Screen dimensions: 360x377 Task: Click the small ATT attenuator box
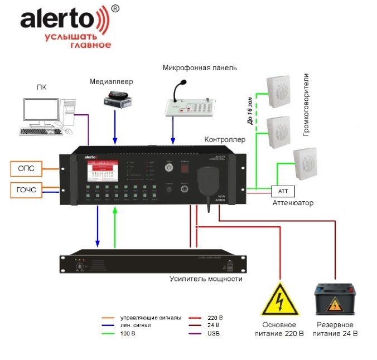[x=281, y=191]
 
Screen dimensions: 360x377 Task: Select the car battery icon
[x=334, y=299]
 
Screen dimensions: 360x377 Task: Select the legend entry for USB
[x=213, y=334]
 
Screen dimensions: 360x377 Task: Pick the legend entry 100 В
[x=127, y=333]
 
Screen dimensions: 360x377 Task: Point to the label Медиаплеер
[x=112, y=81]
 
